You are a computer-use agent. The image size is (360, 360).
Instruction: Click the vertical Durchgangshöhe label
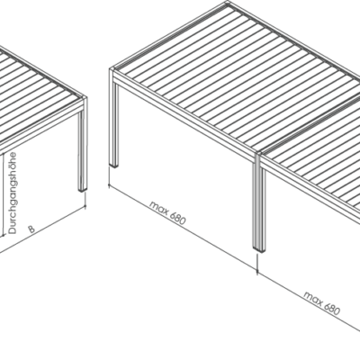[x=13, y=193]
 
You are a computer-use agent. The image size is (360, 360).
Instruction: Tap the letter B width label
[x=31, y=229]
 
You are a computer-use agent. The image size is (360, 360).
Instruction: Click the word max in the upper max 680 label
[x=158, y=207]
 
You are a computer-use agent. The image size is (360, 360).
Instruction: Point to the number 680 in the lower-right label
[x=332, y=308]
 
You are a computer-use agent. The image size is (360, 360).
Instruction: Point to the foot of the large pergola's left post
[x=114, y=165]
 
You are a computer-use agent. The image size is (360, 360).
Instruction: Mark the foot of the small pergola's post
[x=82, y=189]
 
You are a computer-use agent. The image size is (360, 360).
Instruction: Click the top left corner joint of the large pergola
[x=112, y=71]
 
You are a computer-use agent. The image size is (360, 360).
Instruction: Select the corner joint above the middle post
[x=258, y=156]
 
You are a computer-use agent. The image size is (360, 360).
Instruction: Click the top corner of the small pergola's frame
[x=84, y=99]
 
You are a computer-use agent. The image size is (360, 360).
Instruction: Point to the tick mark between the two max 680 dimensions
[x=257, y=264]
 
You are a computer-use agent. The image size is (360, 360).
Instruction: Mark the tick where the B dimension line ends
[x=85, y=201]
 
